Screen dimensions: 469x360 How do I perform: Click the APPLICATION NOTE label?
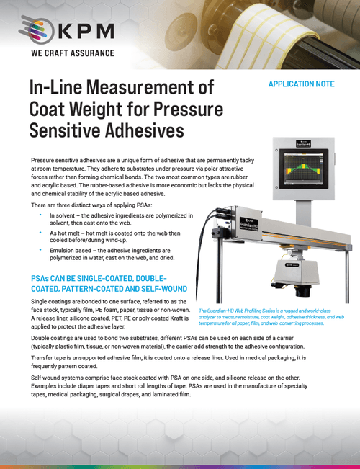coord(300,84)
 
